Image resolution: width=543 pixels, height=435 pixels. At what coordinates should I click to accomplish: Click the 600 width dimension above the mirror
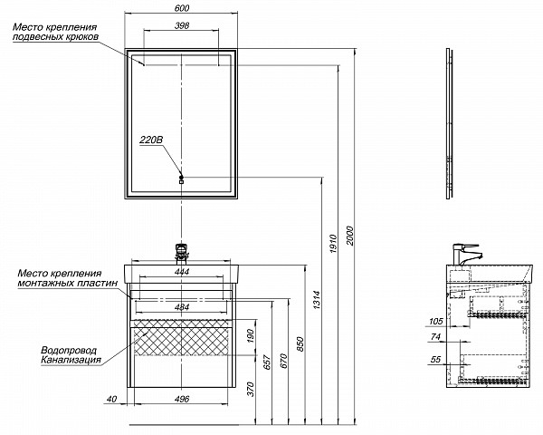pos(182,7)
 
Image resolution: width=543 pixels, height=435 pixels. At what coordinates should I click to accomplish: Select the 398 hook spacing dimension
pos(182,25)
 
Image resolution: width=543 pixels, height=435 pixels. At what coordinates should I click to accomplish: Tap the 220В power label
pos(151,140)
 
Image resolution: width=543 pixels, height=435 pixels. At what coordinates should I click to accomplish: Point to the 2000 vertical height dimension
pos(349,236)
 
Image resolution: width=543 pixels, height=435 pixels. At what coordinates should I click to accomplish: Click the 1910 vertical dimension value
pos(333,244)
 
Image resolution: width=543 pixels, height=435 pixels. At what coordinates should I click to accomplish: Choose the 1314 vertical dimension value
pos(316,300)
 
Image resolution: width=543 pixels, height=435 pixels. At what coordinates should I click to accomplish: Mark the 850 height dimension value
pos(300,343)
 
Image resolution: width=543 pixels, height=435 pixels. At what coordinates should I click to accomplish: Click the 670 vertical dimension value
pos(283,361)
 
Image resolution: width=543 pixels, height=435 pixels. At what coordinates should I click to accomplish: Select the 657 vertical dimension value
pos(267,362)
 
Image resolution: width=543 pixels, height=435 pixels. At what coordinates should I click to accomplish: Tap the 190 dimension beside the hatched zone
pos(251,335)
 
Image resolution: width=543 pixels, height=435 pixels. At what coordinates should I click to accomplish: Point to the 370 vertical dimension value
pos(251,389)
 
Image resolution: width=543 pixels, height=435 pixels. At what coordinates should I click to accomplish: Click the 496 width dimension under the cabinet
pos(182,399)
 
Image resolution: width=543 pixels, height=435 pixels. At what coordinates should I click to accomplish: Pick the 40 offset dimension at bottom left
pos(111,399)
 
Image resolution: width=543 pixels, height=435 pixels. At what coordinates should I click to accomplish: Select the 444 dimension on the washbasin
pos(182,272)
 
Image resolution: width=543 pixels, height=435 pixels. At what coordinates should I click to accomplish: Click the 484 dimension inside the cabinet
pos(182,307)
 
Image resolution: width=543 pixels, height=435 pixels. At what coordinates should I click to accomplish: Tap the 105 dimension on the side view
pos(436,321)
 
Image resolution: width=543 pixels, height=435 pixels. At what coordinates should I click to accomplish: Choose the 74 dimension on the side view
pos(435,336)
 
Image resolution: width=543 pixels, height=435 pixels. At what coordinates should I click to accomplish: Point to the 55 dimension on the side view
pos(435,359)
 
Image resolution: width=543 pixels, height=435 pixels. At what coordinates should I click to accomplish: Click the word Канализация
pos(71,360)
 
